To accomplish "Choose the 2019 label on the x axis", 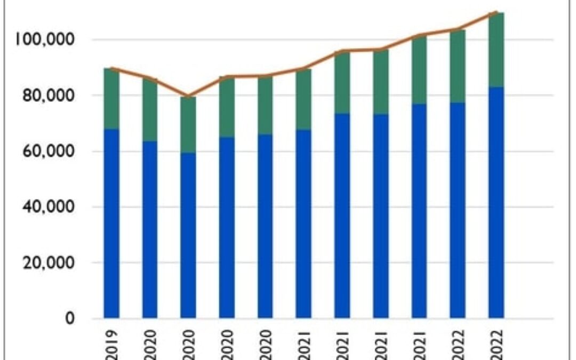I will [x=111, y=342].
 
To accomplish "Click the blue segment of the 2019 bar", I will [x=111, y=224].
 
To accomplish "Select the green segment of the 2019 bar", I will [x=111, y=99].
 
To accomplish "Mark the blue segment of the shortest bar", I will [x=188, y=235].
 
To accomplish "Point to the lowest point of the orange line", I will [x=188, y=97].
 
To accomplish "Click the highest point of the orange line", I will [x=496, y=12].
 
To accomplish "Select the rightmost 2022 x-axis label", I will [x=496, y=342].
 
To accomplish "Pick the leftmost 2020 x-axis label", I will [x=150, y=342].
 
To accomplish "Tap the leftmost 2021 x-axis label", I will [x=303, y=342].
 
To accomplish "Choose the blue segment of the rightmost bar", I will [x=496, y=203].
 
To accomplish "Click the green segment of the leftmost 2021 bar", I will [x=303, y=99].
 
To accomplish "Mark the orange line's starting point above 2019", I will [x=111, y=68].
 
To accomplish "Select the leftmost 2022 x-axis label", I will [x=458, y=342].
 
